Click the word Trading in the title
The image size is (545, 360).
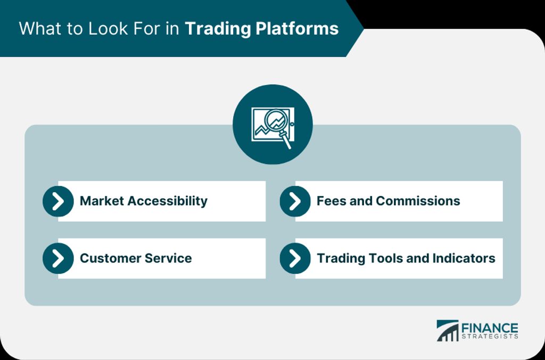[218, 29]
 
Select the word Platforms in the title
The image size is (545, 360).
[297, 29]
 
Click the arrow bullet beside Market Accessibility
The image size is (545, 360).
[58, 201]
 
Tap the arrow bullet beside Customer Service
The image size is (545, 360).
[58, 258]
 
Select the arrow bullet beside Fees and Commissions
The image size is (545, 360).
[295, 201]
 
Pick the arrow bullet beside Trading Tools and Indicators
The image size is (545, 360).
[295, 258]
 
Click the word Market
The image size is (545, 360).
[102, 201]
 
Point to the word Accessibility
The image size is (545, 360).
[168, 201]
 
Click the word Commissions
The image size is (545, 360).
[418, 201]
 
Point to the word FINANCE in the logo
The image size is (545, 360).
[490, 328]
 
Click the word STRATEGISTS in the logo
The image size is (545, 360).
[490, 337]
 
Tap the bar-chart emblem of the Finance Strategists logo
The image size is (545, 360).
[447, 331]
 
